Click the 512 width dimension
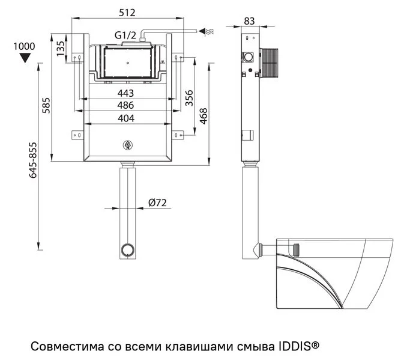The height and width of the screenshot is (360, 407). (127, 12)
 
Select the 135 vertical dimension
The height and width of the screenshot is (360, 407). (61, 48)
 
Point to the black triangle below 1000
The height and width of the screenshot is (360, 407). (25, 58)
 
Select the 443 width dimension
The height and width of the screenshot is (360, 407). (125, 93)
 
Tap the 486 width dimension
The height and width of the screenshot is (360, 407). (125, 105)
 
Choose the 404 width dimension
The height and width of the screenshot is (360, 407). (125, 118)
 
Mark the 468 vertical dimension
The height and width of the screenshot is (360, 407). (203, 115)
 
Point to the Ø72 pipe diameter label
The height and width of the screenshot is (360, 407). (157, 203)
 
